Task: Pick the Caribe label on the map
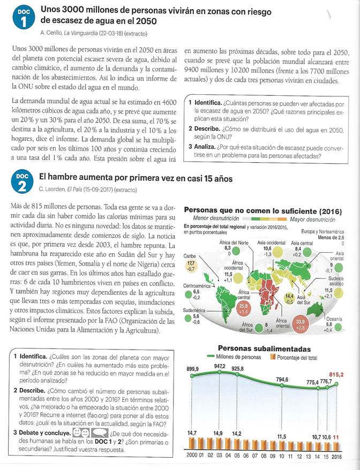point(191,256)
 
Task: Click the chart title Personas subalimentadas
point(264,348)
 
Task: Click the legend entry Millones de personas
point(238,357)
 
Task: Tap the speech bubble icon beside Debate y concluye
point(100,431)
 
